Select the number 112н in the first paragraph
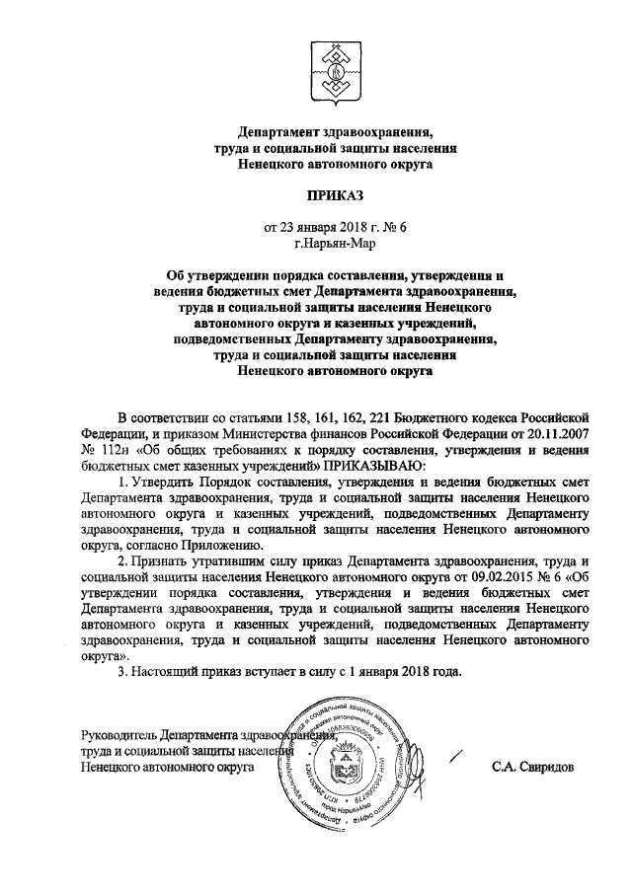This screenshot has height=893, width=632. pos(100,447)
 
